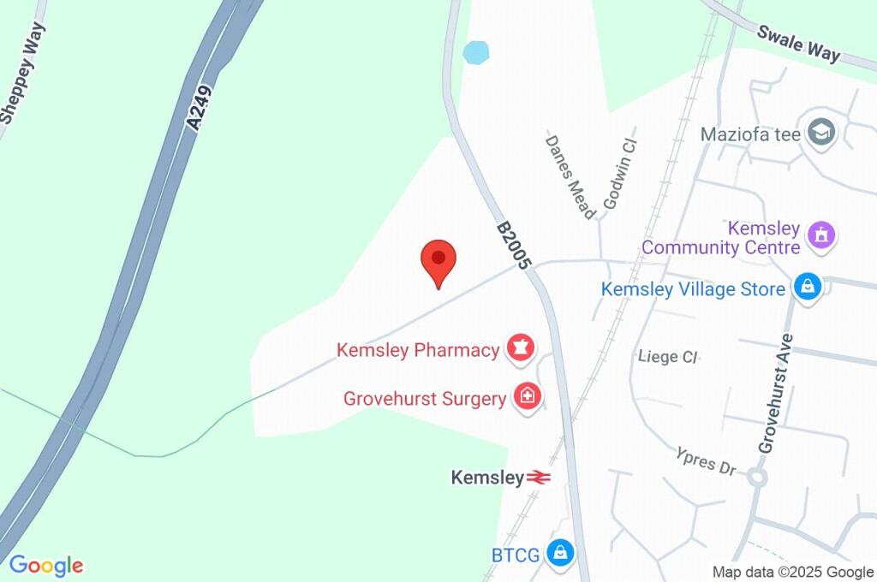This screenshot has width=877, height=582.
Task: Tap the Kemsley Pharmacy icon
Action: [x=520, y=347]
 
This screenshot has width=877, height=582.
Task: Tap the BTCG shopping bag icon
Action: [x=560, y=553]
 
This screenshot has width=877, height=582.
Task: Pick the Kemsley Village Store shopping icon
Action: [x=807, y=287]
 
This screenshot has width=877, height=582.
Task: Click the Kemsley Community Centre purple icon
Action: [x=822, y=234]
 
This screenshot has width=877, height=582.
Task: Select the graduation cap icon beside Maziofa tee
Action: [x=823, y=133]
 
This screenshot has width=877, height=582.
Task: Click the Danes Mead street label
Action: [x=570, y=176]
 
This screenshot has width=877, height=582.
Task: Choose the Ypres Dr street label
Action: [x=706, y=461]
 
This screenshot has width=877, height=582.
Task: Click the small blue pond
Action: [x=475, y=52]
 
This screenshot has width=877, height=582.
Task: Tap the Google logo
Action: [x=46, y=566]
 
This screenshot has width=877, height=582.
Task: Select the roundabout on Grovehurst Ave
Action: [x=756, y=477]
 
